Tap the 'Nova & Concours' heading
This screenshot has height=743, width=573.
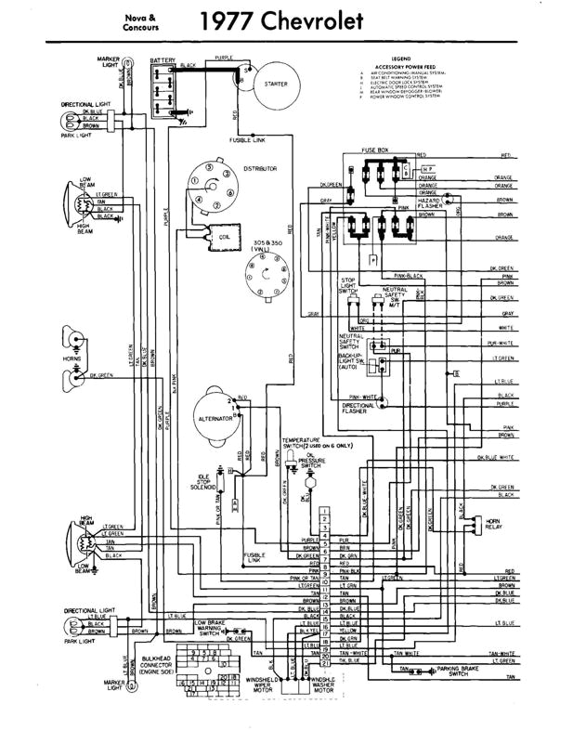[x=140, y=22]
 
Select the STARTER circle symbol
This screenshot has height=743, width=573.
[x=275, y=84]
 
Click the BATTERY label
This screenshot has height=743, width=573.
[x=163, y=59]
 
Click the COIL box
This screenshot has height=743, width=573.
[x=224, y=236]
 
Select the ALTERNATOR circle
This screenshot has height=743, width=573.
[x=216, y=418]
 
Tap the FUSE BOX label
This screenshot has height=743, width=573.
[x=375, y=150]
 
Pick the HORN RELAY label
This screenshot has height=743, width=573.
[x=494, y=525]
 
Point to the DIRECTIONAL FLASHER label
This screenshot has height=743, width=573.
[x=358, y=409]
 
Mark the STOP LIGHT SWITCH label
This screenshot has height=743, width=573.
[x=348, y=285]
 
